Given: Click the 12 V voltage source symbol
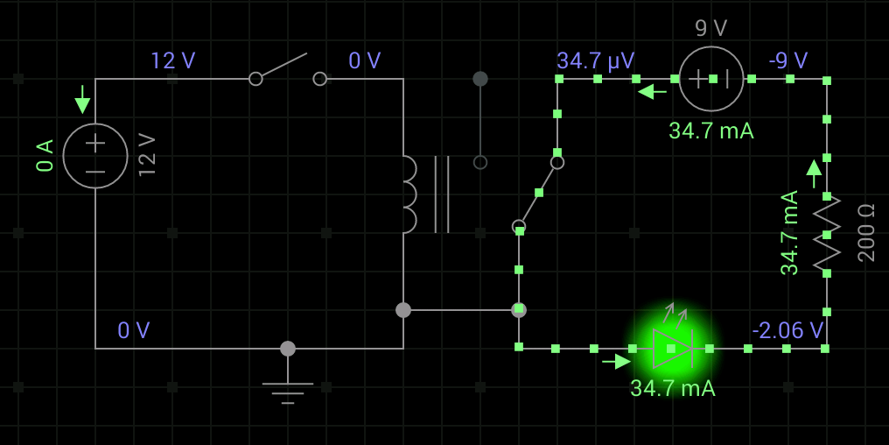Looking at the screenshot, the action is [95, 156].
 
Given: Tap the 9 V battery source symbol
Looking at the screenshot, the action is [711, 79].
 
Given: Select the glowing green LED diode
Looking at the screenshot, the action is [672, 348].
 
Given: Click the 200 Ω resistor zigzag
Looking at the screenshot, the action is [827, 235].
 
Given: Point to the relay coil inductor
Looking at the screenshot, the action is [409, 194].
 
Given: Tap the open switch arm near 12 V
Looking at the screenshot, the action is [281, 66].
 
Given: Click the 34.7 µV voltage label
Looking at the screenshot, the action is [595, 60].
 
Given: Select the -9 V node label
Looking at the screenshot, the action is [788, 60].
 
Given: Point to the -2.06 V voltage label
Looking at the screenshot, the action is [787, 329].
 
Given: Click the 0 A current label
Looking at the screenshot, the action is [45, 155].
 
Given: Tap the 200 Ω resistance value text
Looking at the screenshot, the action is [866, 233].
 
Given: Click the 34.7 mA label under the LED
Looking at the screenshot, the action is [672, 389].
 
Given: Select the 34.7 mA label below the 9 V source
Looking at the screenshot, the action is [711, 131].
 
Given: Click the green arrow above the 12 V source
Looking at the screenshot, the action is [83, 99].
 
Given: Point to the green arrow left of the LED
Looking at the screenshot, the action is [616, 361].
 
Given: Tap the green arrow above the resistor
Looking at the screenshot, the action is [814, 173].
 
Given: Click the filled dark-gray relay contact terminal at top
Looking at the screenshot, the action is [480, 79].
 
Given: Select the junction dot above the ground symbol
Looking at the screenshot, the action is [288, 349].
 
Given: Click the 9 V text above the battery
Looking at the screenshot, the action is [711, 28].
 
